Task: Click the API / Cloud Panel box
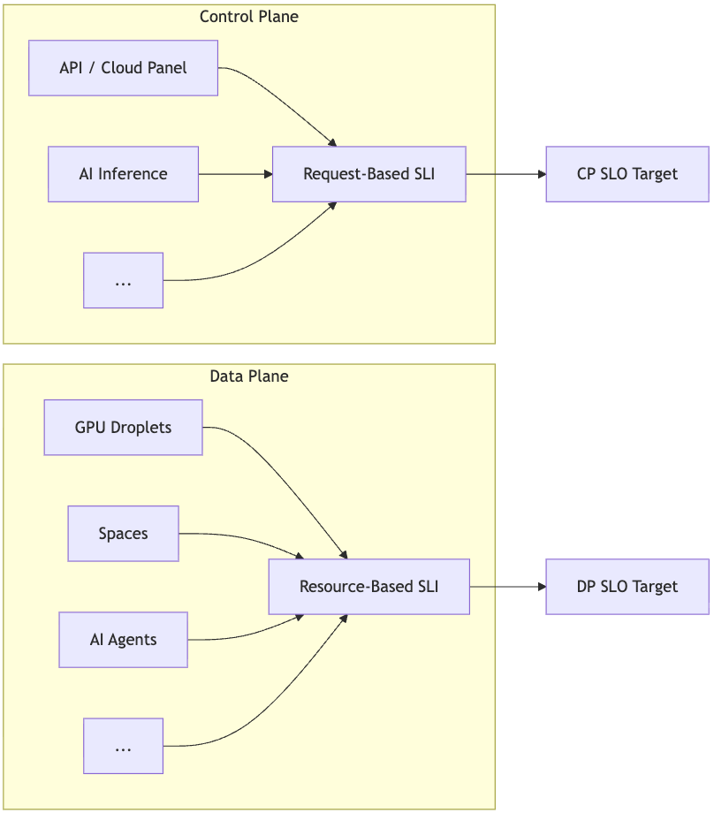pos(123,68)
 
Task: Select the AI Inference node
pos(123,174)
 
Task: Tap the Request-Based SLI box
pos(368,174)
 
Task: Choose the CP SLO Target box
pos(627,174)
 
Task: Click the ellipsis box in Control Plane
pos(123,280)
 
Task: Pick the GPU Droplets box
pos(123,428)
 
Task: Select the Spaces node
pos(123,534)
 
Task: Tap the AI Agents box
pos(123,640)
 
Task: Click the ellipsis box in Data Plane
pos(123,746)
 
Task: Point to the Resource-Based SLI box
pos(368,587)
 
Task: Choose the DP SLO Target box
pos(627,587)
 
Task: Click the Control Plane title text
pos(248,17)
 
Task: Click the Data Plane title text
pos(248,376)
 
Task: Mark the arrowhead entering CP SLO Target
pos(541,174)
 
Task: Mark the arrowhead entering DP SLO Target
pos(541,587)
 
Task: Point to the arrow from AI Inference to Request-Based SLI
pos(234,174)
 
